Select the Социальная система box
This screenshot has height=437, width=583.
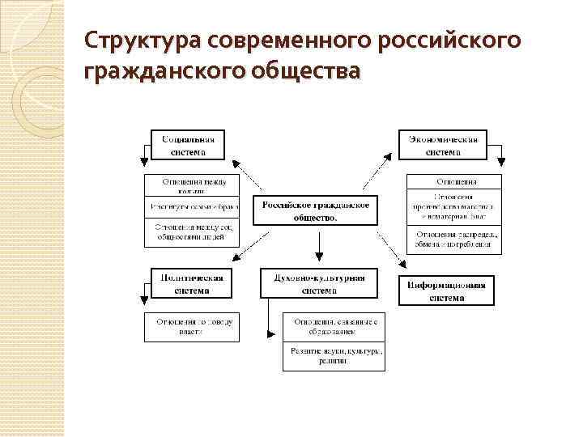(x=187, y=144)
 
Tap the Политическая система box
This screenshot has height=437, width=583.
(x=187, y=283)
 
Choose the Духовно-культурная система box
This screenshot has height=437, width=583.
(x=318, y=283)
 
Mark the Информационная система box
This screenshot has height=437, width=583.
(x=446, y=291)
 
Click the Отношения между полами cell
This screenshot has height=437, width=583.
(x=193, y=185)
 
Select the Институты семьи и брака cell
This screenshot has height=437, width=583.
(x=193, y=207)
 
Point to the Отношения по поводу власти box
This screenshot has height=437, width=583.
(x=193, y=327)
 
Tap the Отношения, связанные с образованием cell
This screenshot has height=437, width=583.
(x=334, y=327)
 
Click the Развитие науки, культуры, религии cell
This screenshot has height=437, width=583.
(x=334, y=356)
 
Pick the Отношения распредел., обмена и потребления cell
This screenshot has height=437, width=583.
(x=453, y=240)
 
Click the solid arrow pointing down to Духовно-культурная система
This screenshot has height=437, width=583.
(x=320, y=248)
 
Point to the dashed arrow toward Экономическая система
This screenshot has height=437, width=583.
(x=377, y=172)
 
